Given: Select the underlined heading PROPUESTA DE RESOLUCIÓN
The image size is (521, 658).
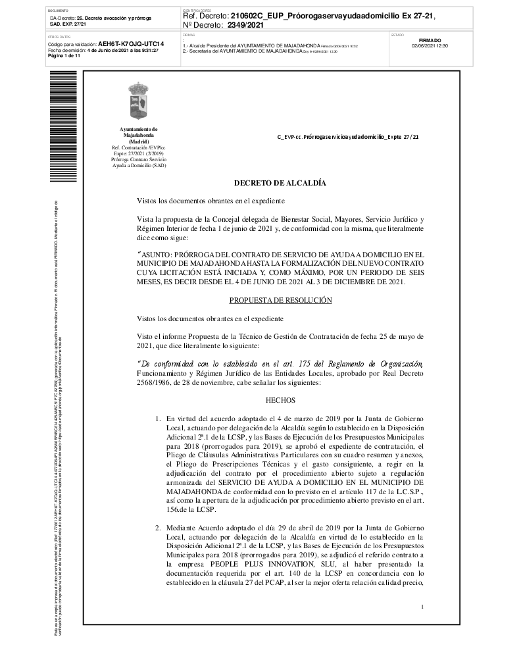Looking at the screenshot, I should pos(280,300).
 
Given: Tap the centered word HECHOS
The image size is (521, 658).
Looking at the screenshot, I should pos(280,399).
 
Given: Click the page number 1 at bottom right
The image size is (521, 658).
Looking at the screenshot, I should pos(422,606).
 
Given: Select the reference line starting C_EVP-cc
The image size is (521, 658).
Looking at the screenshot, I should pos(348,138).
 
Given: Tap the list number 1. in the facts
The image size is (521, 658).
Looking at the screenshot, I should pos(158,417).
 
